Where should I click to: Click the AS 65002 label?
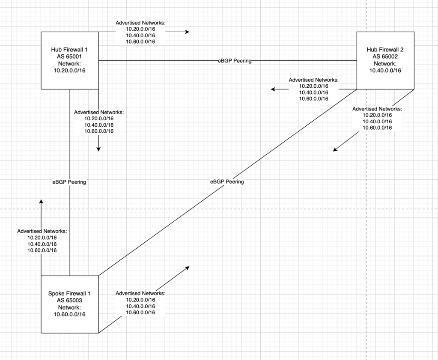(x=385, y=56)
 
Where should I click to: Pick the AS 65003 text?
(x=70, y=300)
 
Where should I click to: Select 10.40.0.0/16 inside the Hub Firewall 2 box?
(x=385, y=70)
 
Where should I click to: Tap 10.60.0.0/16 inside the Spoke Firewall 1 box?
(x=70, y=314)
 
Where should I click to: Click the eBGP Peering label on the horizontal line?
(x=234, y=61)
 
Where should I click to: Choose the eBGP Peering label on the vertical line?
(x=69, y=182)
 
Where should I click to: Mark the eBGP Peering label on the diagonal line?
(x=227, y=181)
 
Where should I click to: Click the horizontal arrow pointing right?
(x=177, y=32)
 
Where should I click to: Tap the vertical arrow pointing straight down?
(x=98, y=143)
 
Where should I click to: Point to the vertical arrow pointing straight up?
(x=41, y=208)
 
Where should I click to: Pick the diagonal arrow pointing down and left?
(x=346, y=142)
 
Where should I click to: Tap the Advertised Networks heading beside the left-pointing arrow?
(x=313, y=80)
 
